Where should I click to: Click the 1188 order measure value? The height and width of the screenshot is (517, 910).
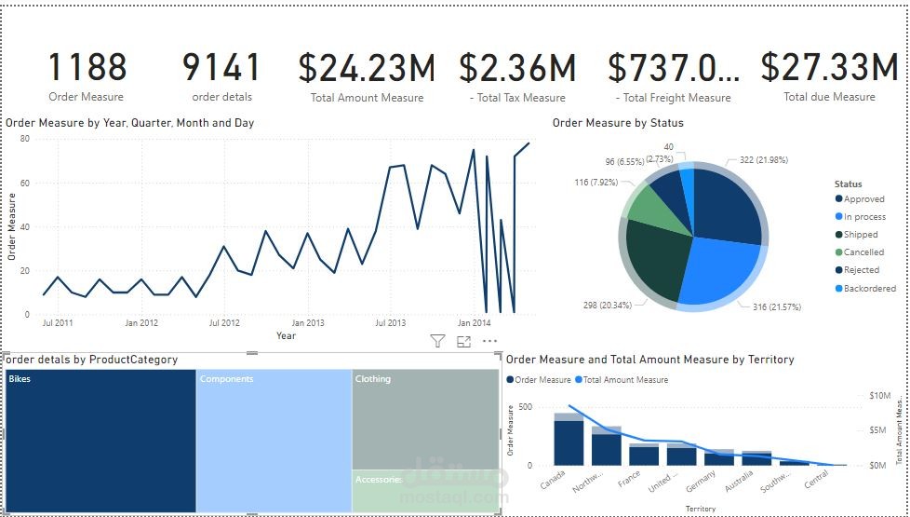(x=87, y=68)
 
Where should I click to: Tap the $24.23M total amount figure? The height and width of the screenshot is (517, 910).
(x=367, y=68)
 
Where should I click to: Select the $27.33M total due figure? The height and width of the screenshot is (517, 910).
(x=828, y=68)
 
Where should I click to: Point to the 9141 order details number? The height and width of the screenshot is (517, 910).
(x=221, y=68)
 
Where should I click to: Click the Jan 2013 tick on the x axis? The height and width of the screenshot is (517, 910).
(x=307, y=323)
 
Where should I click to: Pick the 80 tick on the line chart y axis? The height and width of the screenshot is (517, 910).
(x=25, y=139)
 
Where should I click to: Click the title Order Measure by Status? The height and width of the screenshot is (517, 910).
(x=618, y=123)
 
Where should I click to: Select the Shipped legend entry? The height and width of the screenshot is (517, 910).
(x=860, y=235)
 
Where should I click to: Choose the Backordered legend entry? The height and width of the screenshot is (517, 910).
(x=869, y=289)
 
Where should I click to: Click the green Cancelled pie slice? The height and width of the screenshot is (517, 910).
(x=644, y=205)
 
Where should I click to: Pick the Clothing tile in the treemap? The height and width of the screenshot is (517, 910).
(x=425, y=419)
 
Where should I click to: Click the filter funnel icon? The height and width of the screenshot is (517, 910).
(x=437, y=342)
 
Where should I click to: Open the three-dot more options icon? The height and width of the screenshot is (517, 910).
(x=489, y=342)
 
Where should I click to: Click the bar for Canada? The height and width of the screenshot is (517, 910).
(x=569, y=442)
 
